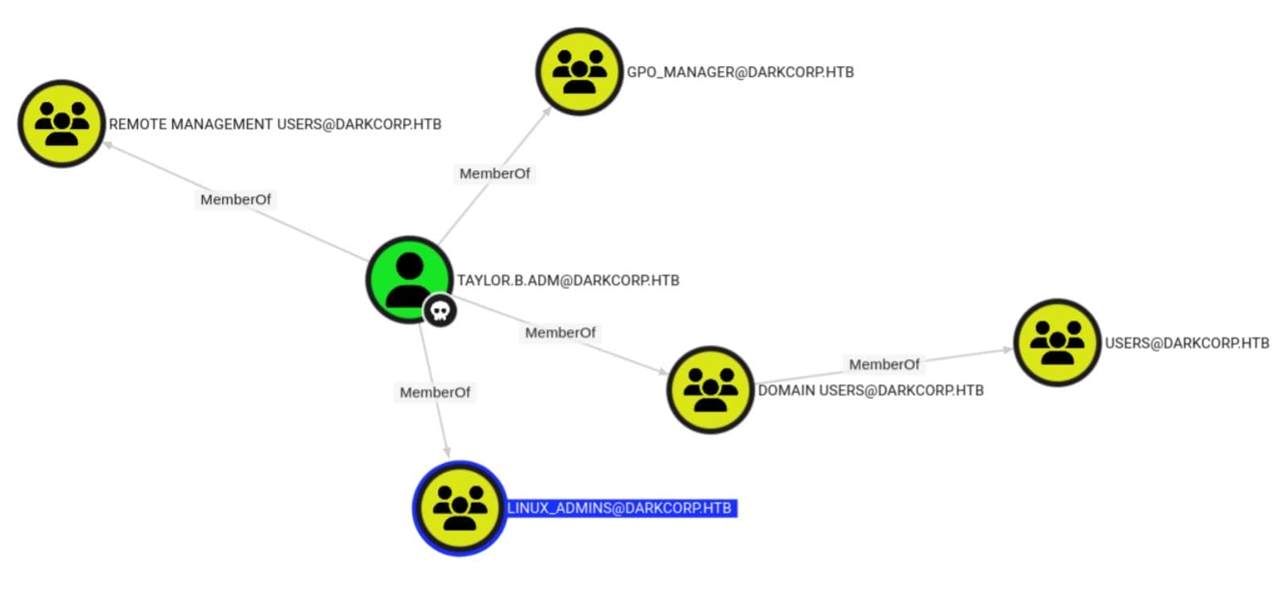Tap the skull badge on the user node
440,311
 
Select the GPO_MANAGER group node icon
579,72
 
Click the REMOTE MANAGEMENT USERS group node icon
62,123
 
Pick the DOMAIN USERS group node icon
710,390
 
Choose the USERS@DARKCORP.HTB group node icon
1057,342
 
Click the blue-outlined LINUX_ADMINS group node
460,508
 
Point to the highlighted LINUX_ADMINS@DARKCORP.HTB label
619,508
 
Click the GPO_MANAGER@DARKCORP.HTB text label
740,72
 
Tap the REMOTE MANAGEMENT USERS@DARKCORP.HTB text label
275,124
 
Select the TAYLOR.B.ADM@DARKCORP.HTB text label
568,281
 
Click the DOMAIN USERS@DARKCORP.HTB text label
871,391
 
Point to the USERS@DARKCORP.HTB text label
1186,343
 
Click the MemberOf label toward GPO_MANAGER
494,174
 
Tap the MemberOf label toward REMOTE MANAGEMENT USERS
235,199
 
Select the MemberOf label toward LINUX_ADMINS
434,392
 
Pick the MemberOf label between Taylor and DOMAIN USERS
560,333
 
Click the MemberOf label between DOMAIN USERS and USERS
884,365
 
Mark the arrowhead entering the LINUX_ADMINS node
446,453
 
